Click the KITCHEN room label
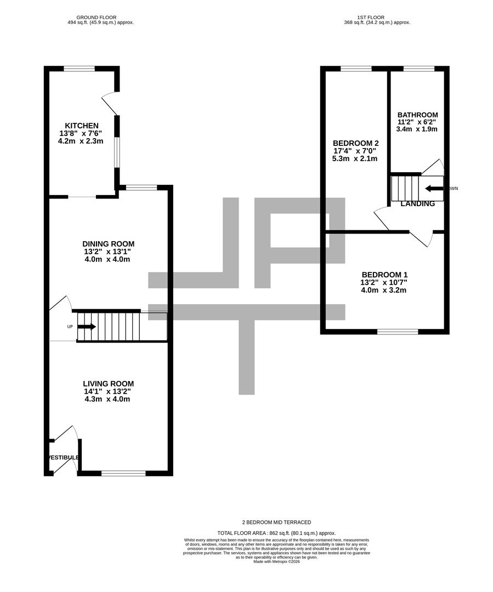82,126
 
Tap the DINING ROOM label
108,244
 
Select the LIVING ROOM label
108,384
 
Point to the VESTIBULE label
63,458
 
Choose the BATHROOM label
417,115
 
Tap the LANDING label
418,204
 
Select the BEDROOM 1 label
384,275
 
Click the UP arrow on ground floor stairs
86,327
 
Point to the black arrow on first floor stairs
434,189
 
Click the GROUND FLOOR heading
97,18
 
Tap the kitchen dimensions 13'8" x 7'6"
82,133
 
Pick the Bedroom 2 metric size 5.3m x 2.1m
355,158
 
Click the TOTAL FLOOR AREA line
276,533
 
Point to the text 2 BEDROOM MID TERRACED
276,522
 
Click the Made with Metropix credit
276,562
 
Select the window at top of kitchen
79,68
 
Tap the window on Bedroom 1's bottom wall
398,331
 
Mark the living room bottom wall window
123,473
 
